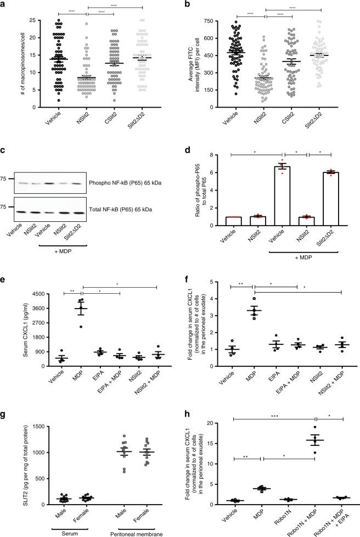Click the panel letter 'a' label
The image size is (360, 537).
(x=4, y=4)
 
